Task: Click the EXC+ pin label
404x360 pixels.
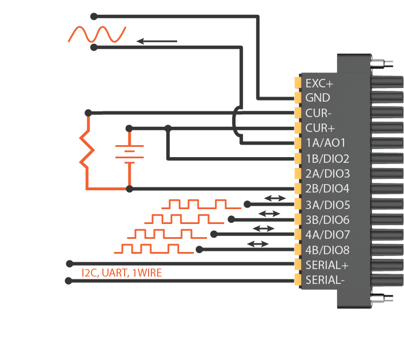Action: coord(319,83)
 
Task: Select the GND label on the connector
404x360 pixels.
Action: coord(317,98)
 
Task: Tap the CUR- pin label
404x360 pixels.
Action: coord(318,113)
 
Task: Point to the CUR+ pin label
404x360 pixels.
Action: coord(319,128)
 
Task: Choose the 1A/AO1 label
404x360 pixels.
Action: coord(326,143)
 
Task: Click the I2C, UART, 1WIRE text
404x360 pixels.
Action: coord(121,273)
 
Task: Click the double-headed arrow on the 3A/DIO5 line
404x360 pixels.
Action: coord(275,198)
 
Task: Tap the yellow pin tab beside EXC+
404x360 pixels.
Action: coord(298,83)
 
